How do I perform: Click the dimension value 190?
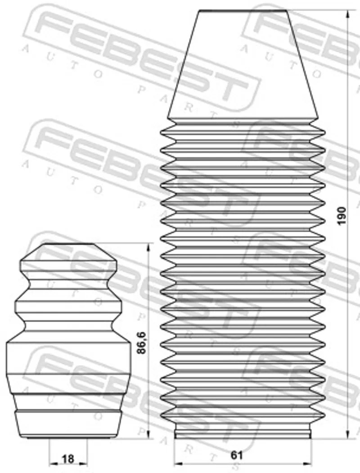[x=342, y=215]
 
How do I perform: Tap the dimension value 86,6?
[x=141, y=342]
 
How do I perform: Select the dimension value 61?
[x=237, y=455]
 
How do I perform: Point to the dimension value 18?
[x=67, y=459]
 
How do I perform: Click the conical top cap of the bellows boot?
[x=243, y=64]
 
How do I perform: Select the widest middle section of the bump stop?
[x=69, y=358]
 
